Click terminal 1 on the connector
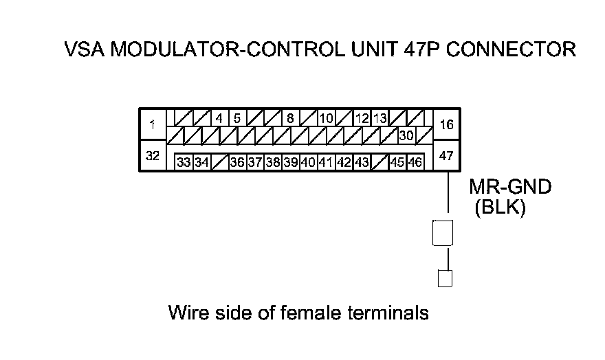tap(153, 125)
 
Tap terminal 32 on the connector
tap(153, 156)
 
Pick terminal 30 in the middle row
tap(406, 135)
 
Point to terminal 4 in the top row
tap(219, 117)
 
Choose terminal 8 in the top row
tap(290, 117)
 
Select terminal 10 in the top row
tap(326, 117)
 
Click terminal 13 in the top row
tap(379, 117)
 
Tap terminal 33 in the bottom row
tap(184, 163)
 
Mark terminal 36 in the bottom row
tap(237, 163)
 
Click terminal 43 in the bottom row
tap(362, 163)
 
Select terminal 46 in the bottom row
tap(415, 163)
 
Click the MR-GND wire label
tap(510, 187)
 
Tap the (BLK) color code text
tap(500, 208)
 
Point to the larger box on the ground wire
tap(442, 232)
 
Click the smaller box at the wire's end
tap(445, 278)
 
